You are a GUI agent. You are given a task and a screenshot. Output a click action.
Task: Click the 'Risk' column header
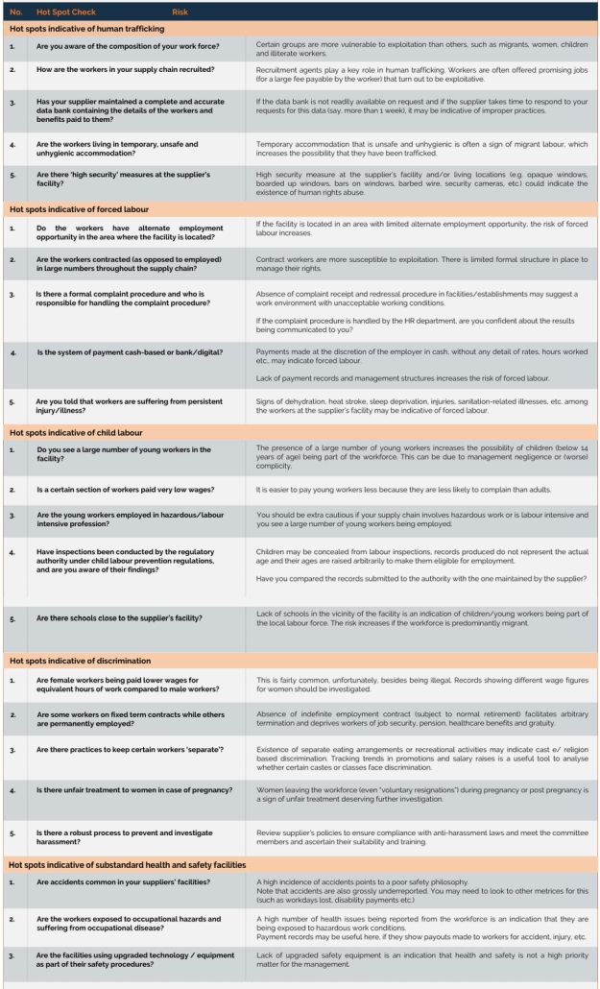(x=181, y=12)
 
